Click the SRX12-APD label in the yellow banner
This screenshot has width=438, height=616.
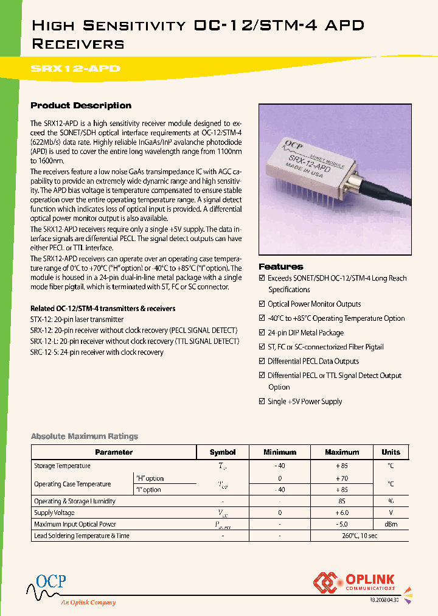75,69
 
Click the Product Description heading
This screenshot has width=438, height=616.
81,105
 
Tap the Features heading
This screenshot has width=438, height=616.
280,267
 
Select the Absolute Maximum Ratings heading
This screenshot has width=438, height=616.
84,436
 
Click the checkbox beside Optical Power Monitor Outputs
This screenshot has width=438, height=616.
262,304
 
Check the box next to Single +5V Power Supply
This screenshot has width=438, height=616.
262,402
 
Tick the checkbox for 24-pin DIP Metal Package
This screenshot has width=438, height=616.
262,333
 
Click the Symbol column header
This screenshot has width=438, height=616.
222,452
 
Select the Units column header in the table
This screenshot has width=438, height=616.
391,452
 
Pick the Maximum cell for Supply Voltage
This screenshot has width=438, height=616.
342,513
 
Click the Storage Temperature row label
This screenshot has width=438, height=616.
62,466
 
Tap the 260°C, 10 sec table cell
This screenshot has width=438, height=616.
342,536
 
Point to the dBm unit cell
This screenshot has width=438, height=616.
391,525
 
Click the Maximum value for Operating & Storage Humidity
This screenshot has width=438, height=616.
342,502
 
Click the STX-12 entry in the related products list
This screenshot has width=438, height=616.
77,320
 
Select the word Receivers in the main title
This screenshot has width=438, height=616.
77,44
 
